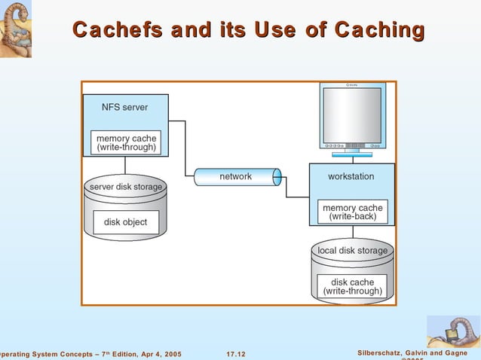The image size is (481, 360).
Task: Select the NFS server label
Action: tap(125, 107)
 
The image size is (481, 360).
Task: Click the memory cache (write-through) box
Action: tap(126, 143)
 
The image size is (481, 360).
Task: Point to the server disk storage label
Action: tap(126, 187)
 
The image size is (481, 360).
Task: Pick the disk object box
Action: tap(126, 222)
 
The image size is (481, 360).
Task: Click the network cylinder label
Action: tap(235, 176)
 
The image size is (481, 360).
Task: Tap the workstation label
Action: tap(351, 176)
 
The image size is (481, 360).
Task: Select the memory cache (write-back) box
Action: tap(352, 212)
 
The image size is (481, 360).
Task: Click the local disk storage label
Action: tap(352, 251)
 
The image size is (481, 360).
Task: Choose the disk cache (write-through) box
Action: tap(352, 286)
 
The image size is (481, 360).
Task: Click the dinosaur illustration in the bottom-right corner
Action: tap(452, 331)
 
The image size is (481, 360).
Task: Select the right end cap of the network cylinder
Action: tap(277, 177)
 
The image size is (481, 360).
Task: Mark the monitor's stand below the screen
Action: tap(352, 153)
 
